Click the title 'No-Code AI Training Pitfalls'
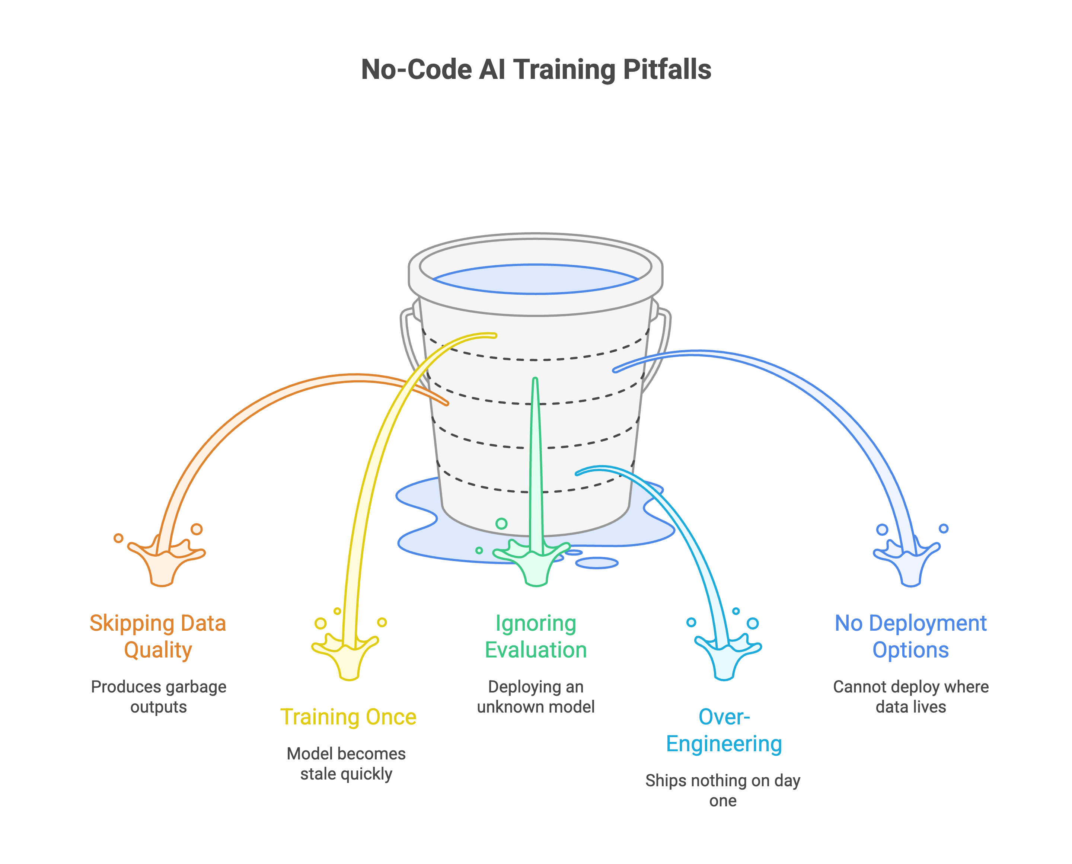536,69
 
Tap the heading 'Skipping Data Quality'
158,637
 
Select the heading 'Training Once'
348,717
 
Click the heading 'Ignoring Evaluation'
536,637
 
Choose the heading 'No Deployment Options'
911,637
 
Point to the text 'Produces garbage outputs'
158,697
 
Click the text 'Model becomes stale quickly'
346,764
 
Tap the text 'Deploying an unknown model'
536,697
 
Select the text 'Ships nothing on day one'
723,790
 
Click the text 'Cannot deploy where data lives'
911,697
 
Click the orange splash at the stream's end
163,565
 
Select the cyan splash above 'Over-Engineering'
725,657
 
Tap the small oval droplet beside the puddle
597,563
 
